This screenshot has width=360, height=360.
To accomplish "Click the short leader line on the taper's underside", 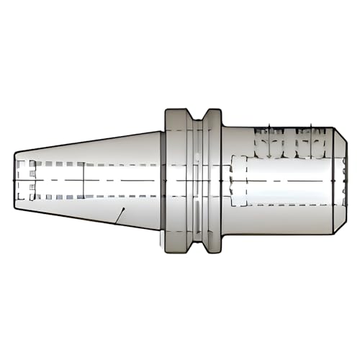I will [123, 214].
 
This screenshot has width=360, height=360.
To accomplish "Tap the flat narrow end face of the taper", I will [16, 179].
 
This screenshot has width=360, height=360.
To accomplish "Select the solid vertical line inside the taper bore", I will [84, 180].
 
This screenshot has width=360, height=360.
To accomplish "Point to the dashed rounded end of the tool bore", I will [233, 180].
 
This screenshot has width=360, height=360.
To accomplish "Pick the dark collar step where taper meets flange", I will [162, 180].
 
